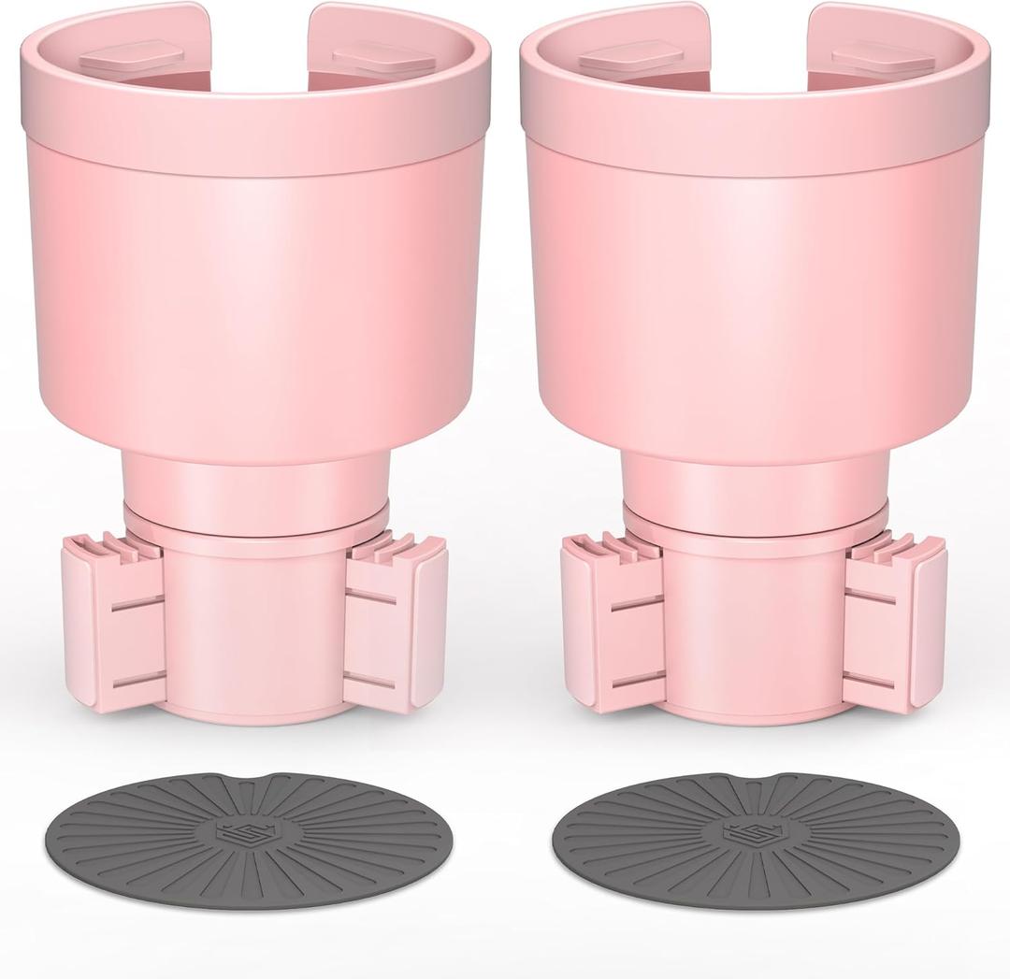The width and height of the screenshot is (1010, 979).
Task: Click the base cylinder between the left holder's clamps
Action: coord(253,626)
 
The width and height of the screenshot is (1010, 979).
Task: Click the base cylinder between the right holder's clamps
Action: coord(754,626)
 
